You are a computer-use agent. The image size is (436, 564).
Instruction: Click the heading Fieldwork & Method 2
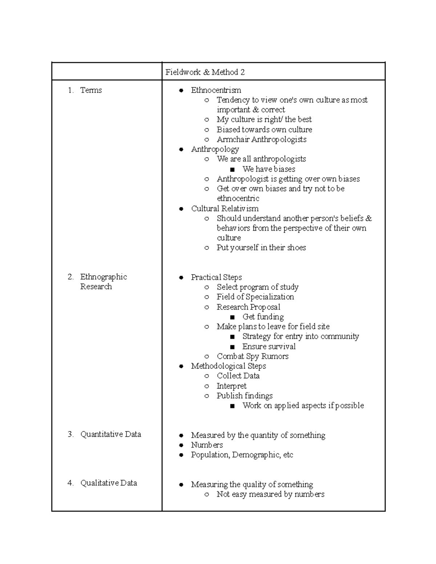205,72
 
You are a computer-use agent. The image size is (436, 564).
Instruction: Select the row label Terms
91,90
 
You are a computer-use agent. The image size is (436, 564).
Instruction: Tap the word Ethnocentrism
216,90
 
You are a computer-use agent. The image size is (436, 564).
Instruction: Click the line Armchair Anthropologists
261,139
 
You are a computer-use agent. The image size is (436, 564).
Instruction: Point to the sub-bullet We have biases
269,169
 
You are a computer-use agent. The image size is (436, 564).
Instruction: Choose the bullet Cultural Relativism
225,208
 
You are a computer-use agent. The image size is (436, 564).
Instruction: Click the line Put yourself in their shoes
261,248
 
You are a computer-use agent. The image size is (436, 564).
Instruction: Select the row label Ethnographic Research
103,281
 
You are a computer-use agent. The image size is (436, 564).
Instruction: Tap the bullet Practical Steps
216,277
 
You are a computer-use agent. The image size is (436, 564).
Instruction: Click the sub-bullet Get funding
263,317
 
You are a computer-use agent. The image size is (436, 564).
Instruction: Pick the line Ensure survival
269,346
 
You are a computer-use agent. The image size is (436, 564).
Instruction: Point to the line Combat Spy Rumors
253,356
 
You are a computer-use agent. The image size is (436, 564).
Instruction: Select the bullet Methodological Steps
228,366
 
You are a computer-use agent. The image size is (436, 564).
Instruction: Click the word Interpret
231,386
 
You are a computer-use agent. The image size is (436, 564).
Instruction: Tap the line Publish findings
245,396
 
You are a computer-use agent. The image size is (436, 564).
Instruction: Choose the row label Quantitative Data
110,434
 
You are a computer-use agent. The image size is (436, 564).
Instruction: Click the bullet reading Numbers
207,445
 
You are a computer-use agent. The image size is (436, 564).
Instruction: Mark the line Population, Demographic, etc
242,455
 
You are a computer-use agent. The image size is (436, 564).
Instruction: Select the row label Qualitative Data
108,483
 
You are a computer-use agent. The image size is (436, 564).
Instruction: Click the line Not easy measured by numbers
270,494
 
